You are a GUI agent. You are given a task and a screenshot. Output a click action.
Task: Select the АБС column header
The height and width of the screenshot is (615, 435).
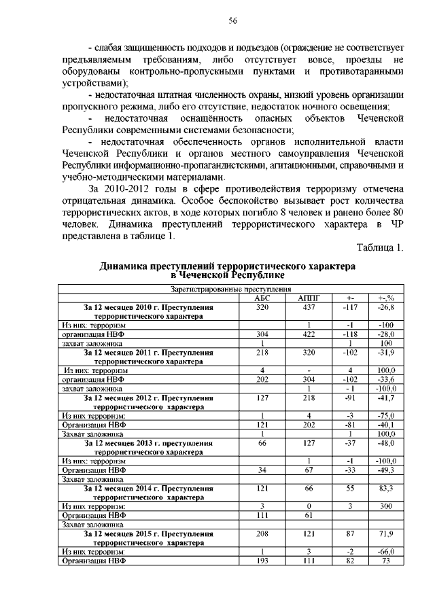(262, 298)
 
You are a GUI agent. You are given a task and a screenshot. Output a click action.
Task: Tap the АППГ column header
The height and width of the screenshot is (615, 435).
(309, 298)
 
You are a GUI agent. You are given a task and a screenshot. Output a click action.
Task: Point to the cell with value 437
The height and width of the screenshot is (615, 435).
(309, 307)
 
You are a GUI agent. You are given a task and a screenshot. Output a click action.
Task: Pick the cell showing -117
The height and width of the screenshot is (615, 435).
(350, 307)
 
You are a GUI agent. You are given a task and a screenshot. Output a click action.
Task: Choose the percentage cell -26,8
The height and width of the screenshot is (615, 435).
(391, 307)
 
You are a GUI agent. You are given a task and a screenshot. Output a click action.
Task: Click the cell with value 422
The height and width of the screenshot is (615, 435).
(309, 334)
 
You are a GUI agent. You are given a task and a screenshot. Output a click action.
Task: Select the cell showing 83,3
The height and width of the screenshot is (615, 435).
(391, 489)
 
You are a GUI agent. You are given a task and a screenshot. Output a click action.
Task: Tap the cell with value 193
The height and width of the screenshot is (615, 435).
(262, 561)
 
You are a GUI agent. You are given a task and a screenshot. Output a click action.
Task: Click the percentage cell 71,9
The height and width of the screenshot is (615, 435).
(391, 534)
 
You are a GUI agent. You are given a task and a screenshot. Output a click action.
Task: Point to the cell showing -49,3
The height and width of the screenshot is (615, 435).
(391, 470)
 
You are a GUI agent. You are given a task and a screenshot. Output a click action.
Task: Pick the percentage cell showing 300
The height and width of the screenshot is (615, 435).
(391, 506)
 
